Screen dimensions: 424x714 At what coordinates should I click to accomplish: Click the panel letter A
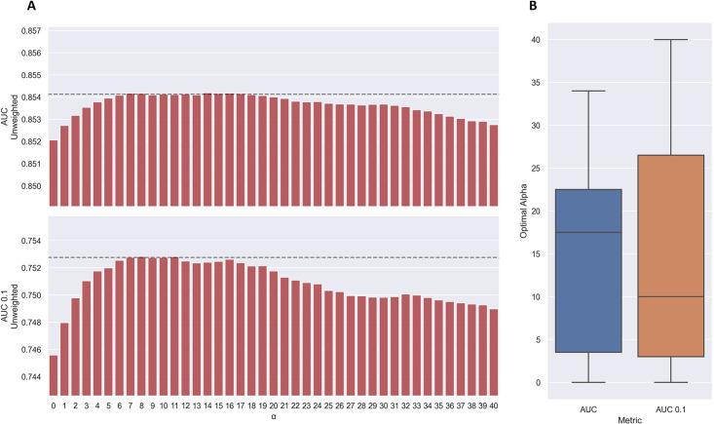32,7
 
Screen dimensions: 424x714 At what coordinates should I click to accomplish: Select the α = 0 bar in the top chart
53,173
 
